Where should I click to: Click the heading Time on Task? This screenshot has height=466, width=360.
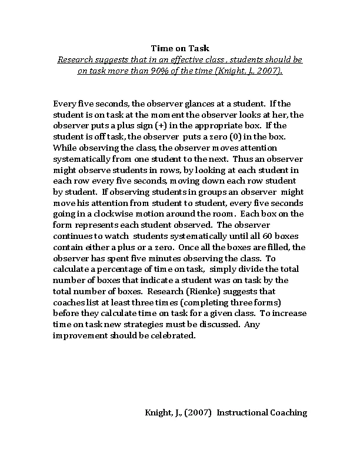[180, 48]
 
